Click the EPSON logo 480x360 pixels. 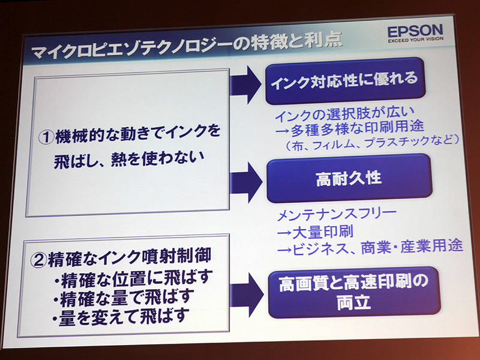[x=415, y=30]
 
